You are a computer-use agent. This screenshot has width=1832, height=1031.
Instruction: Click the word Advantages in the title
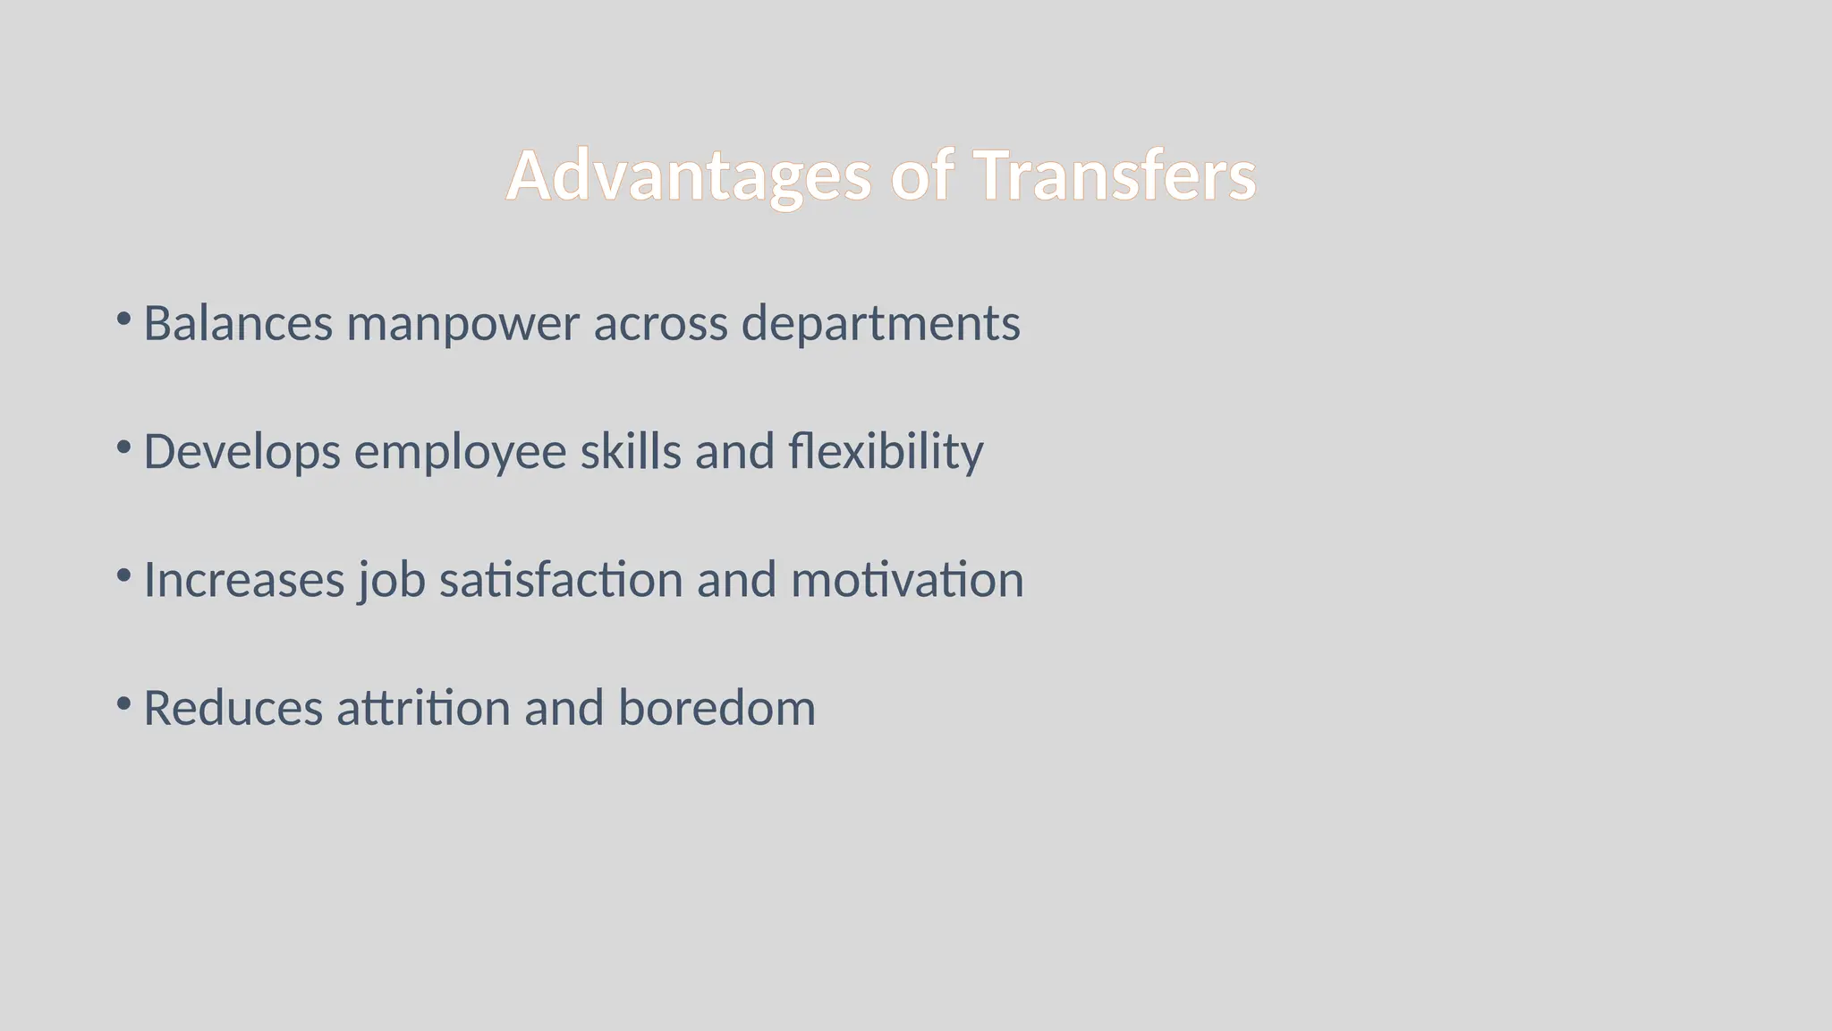tap(689, 175)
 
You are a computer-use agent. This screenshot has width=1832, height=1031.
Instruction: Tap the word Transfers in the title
tap(1115, 175)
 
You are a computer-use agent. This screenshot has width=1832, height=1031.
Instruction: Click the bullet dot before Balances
tap(124, 318)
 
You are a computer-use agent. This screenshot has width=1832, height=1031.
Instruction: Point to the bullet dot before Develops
tap(124, 446)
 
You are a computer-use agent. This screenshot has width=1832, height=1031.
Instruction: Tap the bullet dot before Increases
tap(124, 574)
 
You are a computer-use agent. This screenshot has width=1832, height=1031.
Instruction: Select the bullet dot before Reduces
tap(124, 703)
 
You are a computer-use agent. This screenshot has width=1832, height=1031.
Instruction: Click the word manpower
tap(462, 324)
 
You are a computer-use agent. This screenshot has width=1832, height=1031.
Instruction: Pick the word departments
tap(880, 324)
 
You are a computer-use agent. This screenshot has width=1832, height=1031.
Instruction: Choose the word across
tap(660, 324)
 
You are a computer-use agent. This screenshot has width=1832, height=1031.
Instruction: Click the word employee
tap(460, 452)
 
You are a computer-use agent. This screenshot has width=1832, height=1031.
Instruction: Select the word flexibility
tap(886, 452)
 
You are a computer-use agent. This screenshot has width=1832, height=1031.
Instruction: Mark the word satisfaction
tap(561, 580)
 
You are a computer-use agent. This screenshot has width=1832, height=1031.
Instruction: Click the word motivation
tap(907, 580)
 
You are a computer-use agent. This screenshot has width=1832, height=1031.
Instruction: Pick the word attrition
tap(423, 709)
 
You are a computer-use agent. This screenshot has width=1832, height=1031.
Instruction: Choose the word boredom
tap(717, 709)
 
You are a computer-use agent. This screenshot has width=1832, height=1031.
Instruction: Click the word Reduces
tap(233, 709)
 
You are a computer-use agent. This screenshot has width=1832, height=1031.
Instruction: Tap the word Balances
tap(238, 324)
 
